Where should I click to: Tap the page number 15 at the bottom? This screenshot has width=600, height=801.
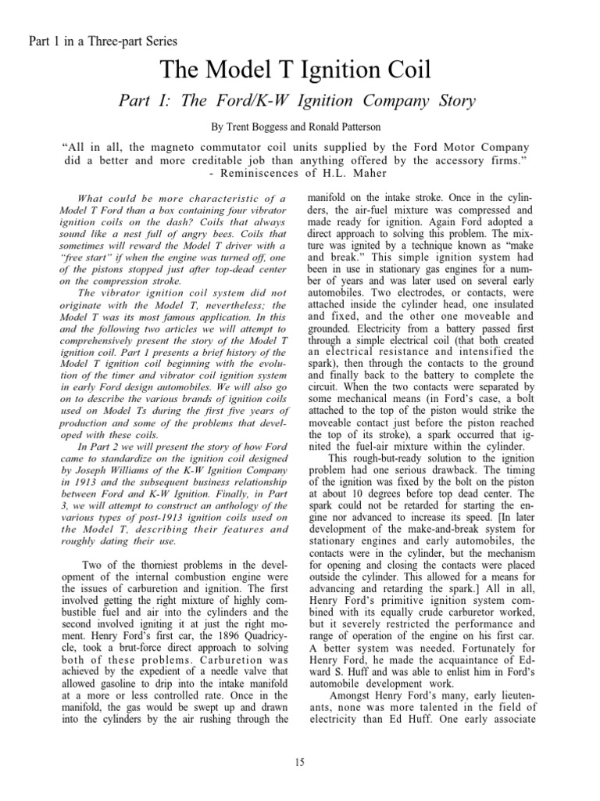pos(300,763)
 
